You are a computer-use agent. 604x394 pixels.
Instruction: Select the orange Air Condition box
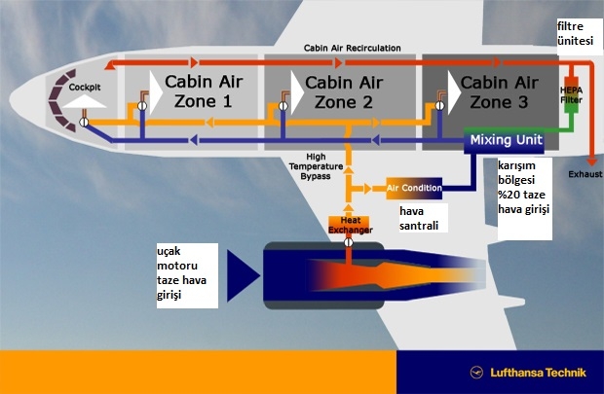click(x=415, y=187)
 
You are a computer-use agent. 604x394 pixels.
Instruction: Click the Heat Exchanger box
click(x=348, y=226)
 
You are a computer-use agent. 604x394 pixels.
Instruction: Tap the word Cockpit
click(x=85, y=87)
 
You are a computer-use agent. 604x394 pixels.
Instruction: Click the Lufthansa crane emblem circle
click(x=477, y=373)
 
